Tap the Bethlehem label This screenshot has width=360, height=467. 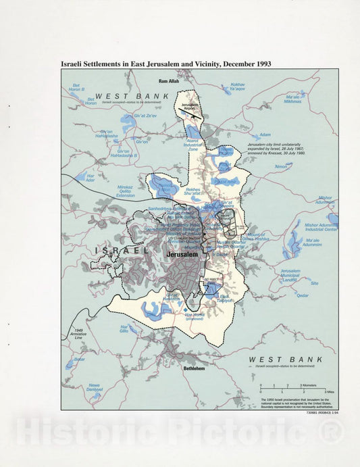point(195,368)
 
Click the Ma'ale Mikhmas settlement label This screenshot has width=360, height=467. point(292,99)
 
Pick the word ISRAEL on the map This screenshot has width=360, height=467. point(122,250)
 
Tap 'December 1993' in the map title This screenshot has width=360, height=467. point(239,64)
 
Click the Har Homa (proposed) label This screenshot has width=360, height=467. point(197,316)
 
